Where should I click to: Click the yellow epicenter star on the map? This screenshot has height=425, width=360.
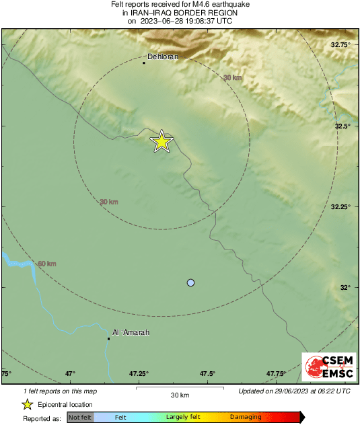161,141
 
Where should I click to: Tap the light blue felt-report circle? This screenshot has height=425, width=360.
191,283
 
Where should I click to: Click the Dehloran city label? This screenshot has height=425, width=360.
162,57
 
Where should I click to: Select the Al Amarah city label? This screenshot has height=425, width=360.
131,332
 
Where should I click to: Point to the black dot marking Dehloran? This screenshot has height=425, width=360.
144,63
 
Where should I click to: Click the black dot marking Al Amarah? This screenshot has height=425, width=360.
108,338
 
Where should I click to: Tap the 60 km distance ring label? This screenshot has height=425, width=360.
46,264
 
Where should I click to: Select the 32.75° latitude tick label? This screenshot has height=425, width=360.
342,45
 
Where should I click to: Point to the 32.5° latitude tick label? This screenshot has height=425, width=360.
344,126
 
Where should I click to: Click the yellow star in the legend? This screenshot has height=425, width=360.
28,404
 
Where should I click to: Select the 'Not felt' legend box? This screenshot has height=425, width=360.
80,418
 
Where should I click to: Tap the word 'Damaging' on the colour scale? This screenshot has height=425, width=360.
246,418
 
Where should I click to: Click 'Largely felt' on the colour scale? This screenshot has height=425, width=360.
184,418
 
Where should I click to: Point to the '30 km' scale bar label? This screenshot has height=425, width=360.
180,395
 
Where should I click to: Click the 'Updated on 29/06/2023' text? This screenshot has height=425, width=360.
294,391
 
